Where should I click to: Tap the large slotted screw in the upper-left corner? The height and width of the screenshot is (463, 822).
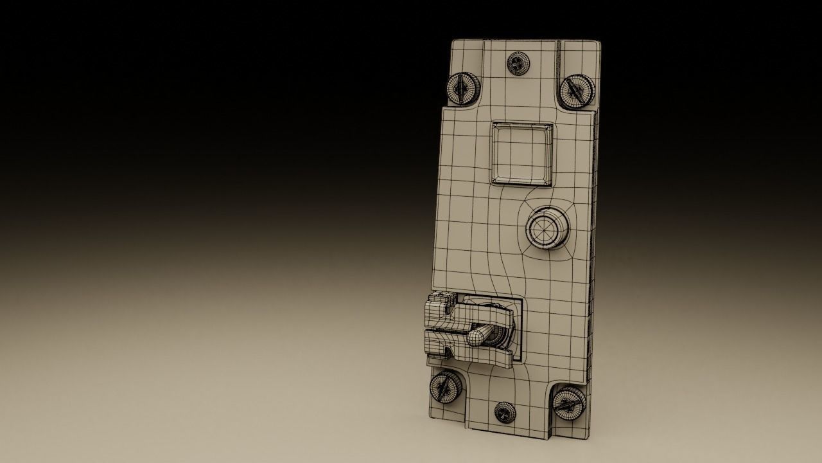click(463, 87)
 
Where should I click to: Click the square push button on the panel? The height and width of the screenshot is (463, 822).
click(522, 152)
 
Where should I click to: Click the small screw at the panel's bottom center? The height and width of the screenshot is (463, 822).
click(503, 412)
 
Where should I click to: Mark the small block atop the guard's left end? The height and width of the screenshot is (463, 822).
click(439, 297)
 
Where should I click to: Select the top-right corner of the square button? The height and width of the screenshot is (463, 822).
click(552, 124)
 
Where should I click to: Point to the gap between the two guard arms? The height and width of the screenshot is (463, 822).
click(443, 330)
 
